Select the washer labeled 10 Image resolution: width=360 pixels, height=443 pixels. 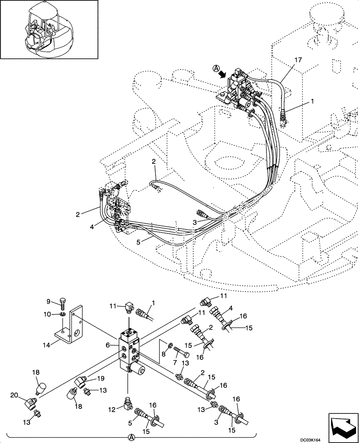coord(62,315)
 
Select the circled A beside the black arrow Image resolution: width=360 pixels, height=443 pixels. coord(216,69)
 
